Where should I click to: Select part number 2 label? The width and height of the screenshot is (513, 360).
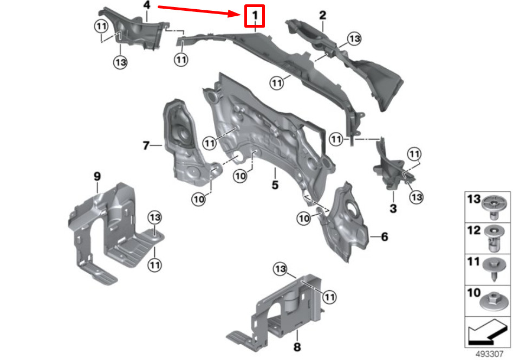click(322, 15)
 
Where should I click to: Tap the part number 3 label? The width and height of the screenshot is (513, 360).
click(393, 208)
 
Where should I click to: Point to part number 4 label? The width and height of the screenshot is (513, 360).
click(146, 5)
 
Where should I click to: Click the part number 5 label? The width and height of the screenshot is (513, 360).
click(275, 185)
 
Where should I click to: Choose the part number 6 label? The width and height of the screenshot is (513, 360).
click(384, 237)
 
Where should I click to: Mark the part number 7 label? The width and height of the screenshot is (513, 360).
click(145, 145)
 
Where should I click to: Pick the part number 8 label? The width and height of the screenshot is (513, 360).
click(297, 346)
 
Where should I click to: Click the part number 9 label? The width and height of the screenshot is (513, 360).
click(97, 176)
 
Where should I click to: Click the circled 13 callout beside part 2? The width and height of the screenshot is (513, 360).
click(354, 38)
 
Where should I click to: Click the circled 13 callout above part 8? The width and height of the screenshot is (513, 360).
click(280, 268)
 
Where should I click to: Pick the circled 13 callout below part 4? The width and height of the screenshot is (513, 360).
click(120, 62)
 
